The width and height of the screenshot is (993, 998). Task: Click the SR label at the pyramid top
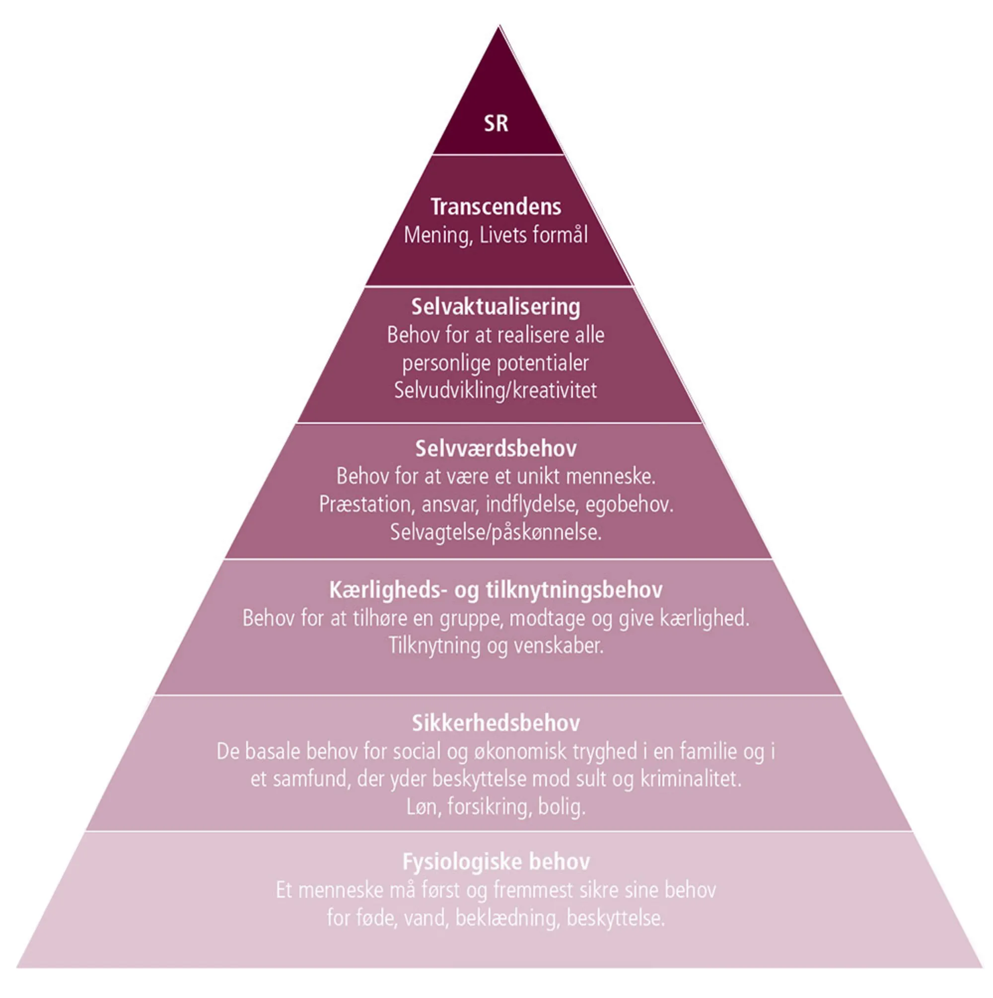(x=496, y=124)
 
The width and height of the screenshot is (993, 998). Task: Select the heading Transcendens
(x=496, y=207)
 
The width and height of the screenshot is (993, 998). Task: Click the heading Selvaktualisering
(x=496, y=307)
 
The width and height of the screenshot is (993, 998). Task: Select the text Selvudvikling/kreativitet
(x=496, y=391)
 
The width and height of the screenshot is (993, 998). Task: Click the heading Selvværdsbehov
(x=496, y=448)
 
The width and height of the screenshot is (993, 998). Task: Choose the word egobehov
(x=629, y=504)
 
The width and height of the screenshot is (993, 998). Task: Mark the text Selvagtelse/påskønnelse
(x=496, y=532)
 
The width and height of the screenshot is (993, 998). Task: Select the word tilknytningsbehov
(x=574, y=590)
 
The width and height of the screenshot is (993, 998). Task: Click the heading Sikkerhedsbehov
(x=496, y=723)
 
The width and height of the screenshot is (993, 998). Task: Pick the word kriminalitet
(x=691, y=779)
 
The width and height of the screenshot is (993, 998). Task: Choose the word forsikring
(x=489, y=807)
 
